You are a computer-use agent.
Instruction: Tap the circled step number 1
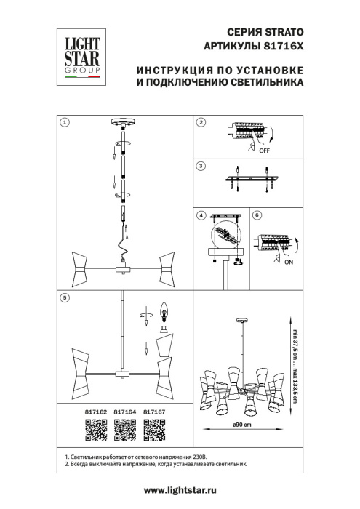(65, 123)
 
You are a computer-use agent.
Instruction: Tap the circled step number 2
(202, 123)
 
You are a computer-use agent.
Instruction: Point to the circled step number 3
(202, 167)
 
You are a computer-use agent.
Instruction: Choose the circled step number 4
(202, 216)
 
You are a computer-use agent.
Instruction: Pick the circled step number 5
(65, 297)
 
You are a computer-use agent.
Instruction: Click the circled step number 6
(255, 216)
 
